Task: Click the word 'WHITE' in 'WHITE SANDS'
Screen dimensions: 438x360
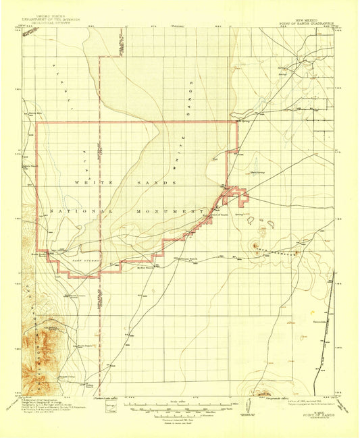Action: click(x=93, y=183)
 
